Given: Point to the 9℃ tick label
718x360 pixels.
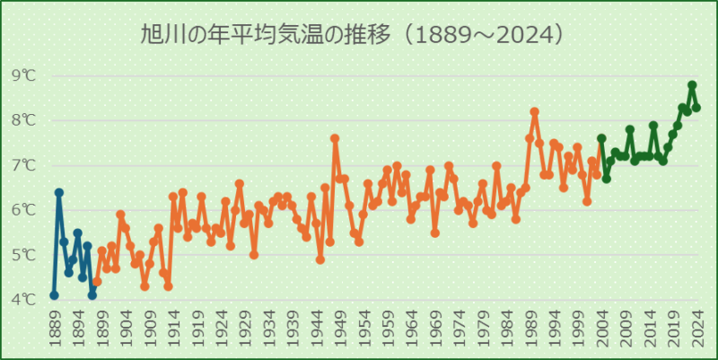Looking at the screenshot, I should (24, 75).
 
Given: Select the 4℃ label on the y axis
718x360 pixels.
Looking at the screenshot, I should (24, 299).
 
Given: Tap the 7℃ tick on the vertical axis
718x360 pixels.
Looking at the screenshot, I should (24, 165).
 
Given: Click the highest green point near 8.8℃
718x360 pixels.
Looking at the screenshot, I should (692, 85).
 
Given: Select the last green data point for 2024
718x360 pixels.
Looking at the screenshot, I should (696, 107).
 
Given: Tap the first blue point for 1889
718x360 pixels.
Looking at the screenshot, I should (54, 294).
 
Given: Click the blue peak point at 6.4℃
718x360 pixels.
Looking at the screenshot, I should (59, 192).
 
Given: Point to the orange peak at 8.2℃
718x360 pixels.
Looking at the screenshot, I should (535, 111).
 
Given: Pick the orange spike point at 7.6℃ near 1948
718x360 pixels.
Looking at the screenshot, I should (335, 138).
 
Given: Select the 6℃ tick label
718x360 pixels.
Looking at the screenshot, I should (24, 209).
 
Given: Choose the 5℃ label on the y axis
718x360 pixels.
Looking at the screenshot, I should (24, 254).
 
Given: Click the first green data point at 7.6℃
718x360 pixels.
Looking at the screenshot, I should (601, 138).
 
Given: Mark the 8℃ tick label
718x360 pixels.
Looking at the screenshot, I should (24, 120).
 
